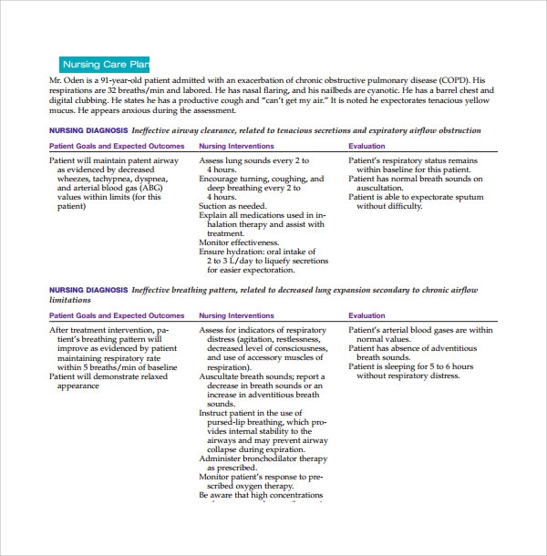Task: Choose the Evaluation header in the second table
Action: tap(366, 315)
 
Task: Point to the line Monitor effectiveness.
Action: tap(239, 242)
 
